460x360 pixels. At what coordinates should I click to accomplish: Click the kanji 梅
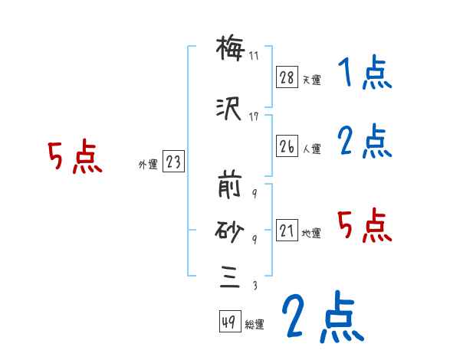point(231,51)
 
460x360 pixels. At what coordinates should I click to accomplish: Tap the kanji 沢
point(231,112)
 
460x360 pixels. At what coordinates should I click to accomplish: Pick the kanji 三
point(231,278)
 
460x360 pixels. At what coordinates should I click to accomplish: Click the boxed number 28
point(287,77)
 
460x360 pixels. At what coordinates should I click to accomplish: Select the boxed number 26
point(287,147)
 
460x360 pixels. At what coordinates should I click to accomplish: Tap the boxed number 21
point(287,231)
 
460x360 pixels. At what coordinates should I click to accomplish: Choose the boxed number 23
point(173,162)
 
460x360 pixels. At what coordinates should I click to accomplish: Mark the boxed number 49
point(228,322)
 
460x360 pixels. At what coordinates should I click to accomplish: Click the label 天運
point(311,80)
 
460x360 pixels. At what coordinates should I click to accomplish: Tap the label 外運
point(147,164)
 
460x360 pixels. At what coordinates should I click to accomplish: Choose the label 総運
point(255,325)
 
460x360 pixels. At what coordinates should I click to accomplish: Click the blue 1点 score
point(363,74)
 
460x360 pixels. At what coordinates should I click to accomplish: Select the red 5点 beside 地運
point(363,225)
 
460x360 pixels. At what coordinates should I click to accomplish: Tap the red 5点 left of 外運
point(74,158)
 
